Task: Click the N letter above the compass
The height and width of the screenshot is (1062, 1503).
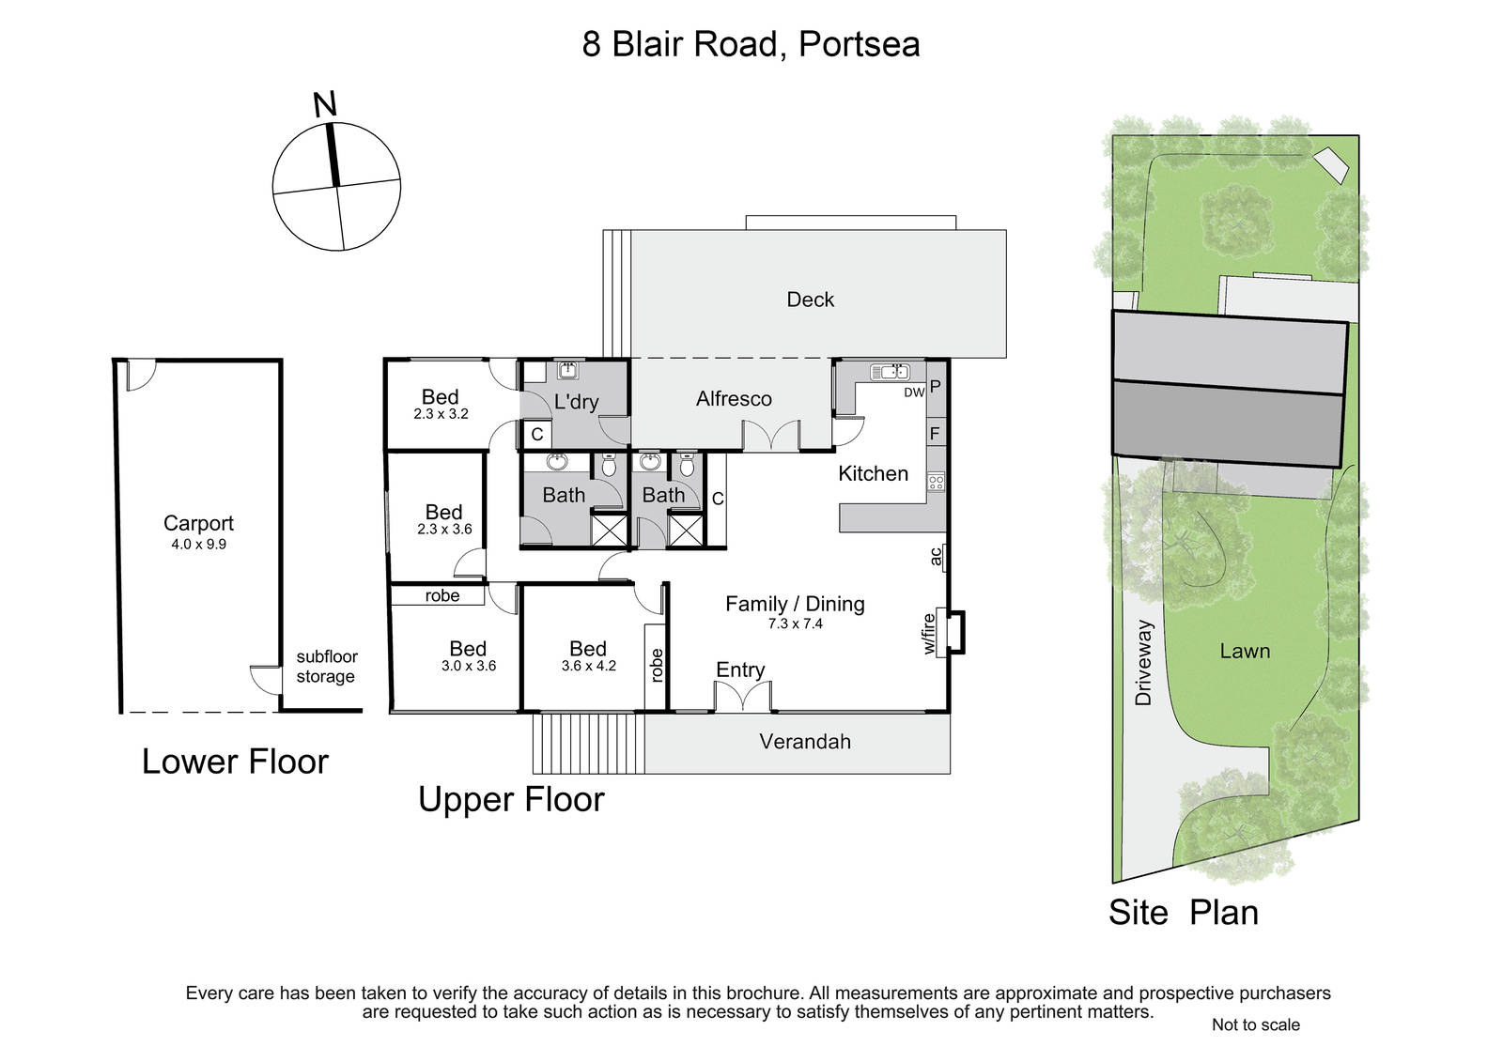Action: point(325,104)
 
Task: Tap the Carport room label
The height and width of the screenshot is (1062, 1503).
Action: point(198,523)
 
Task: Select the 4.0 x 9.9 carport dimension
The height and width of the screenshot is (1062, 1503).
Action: point(198,544)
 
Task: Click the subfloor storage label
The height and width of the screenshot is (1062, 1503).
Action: point(326,666)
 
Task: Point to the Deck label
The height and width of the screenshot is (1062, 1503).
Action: point(811,300)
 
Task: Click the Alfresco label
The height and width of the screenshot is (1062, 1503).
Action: point(734,398)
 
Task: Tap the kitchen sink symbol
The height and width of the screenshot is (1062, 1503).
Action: point(890,372)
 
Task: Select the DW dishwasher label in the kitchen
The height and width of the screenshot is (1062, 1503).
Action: point(914,392)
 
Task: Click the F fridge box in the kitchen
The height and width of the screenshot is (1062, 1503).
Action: point(936,434)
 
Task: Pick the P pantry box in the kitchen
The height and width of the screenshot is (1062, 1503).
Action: point(936,387)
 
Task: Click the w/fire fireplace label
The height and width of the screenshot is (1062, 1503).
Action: point(929,633)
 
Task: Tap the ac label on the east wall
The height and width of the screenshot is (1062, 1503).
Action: point(936,556)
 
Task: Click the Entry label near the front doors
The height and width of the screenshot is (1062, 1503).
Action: point(740,670)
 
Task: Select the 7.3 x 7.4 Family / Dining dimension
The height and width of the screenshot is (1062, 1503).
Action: point(795,623)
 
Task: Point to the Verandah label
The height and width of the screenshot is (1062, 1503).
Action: point(805,741)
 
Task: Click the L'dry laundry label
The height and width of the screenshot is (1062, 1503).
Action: point(577,402)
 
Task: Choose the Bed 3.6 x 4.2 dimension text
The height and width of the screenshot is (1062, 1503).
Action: point(588,666)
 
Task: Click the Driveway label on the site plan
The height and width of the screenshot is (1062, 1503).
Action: point(1143,662)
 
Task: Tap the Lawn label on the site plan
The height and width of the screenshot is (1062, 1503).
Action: point(1245,651)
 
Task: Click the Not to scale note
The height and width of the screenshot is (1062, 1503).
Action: point(1255,1024)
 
